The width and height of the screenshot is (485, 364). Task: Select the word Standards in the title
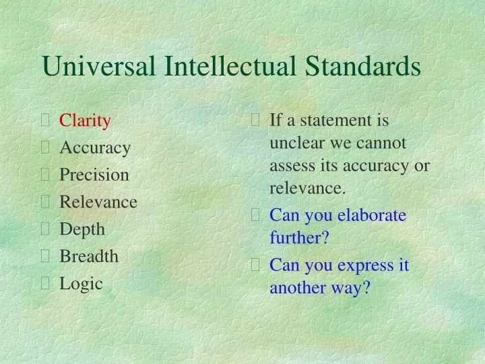pyautogui.click(x=364, y=66)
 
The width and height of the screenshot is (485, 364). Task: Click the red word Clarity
pyautogui.click(x=85, y=121)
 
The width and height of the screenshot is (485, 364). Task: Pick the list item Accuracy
pyautogui.click(x=95, y=148)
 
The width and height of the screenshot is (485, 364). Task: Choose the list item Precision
pyautogui.click(x=94, y=175)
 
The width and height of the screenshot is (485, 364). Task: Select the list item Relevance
pyautogui.click(x=98, y=202)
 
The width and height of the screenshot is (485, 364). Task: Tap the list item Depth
pyautogui.click(x=82, y=229)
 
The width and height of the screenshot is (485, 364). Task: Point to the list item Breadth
pyautogui.click(x=88, y=256)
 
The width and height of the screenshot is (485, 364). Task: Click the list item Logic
pyautogui.click(x=81, y=283)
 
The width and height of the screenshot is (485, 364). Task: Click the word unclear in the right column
pyautogui.click(x=294, y=143)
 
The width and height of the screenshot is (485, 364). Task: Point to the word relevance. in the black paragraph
pyautogui.click(x=307, y=188)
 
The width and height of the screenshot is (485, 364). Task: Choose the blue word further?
pyautogui.click(x=299, y=238)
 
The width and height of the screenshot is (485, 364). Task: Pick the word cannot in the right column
pyautogui.click(x=382, y=143)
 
